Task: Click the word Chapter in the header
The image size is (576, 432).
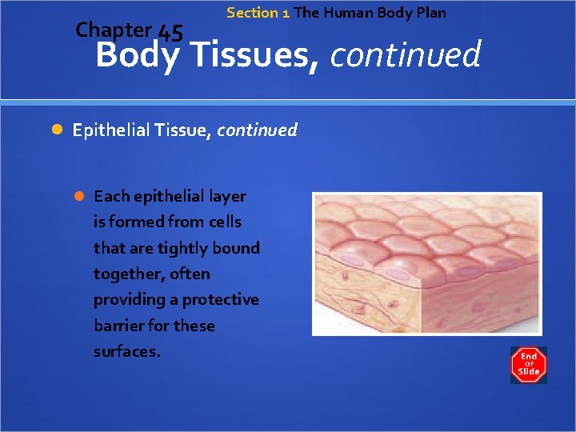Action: [x=113, y=30]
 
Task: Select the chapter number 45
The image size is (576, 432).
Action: [x=170, y=33]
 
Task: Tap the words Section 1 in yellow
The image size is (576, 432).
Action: [x=258, y=13]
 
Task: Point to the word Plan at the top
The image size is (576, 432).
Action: [x=430, y=13]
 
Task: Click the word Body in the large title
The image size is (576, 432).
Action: [x=137, y=56]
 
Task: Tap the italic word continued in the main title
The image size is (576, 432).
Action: [x=405, y=55]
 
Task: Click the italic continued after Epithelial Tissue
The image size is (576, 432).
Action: [x=256, y=130]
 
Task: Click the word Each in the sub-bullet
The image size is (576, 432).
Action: [x=111, y=196]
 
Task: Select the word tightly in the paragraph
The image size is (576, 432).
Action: [x=162, y=248]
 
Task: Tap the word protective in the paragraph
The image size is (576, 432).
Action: [x=220, y=300]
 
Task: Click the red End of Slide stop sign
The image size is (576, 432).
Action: [x=528, y=364]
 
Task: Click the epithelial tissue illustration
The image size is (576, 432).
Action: [x=426, y=263]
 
